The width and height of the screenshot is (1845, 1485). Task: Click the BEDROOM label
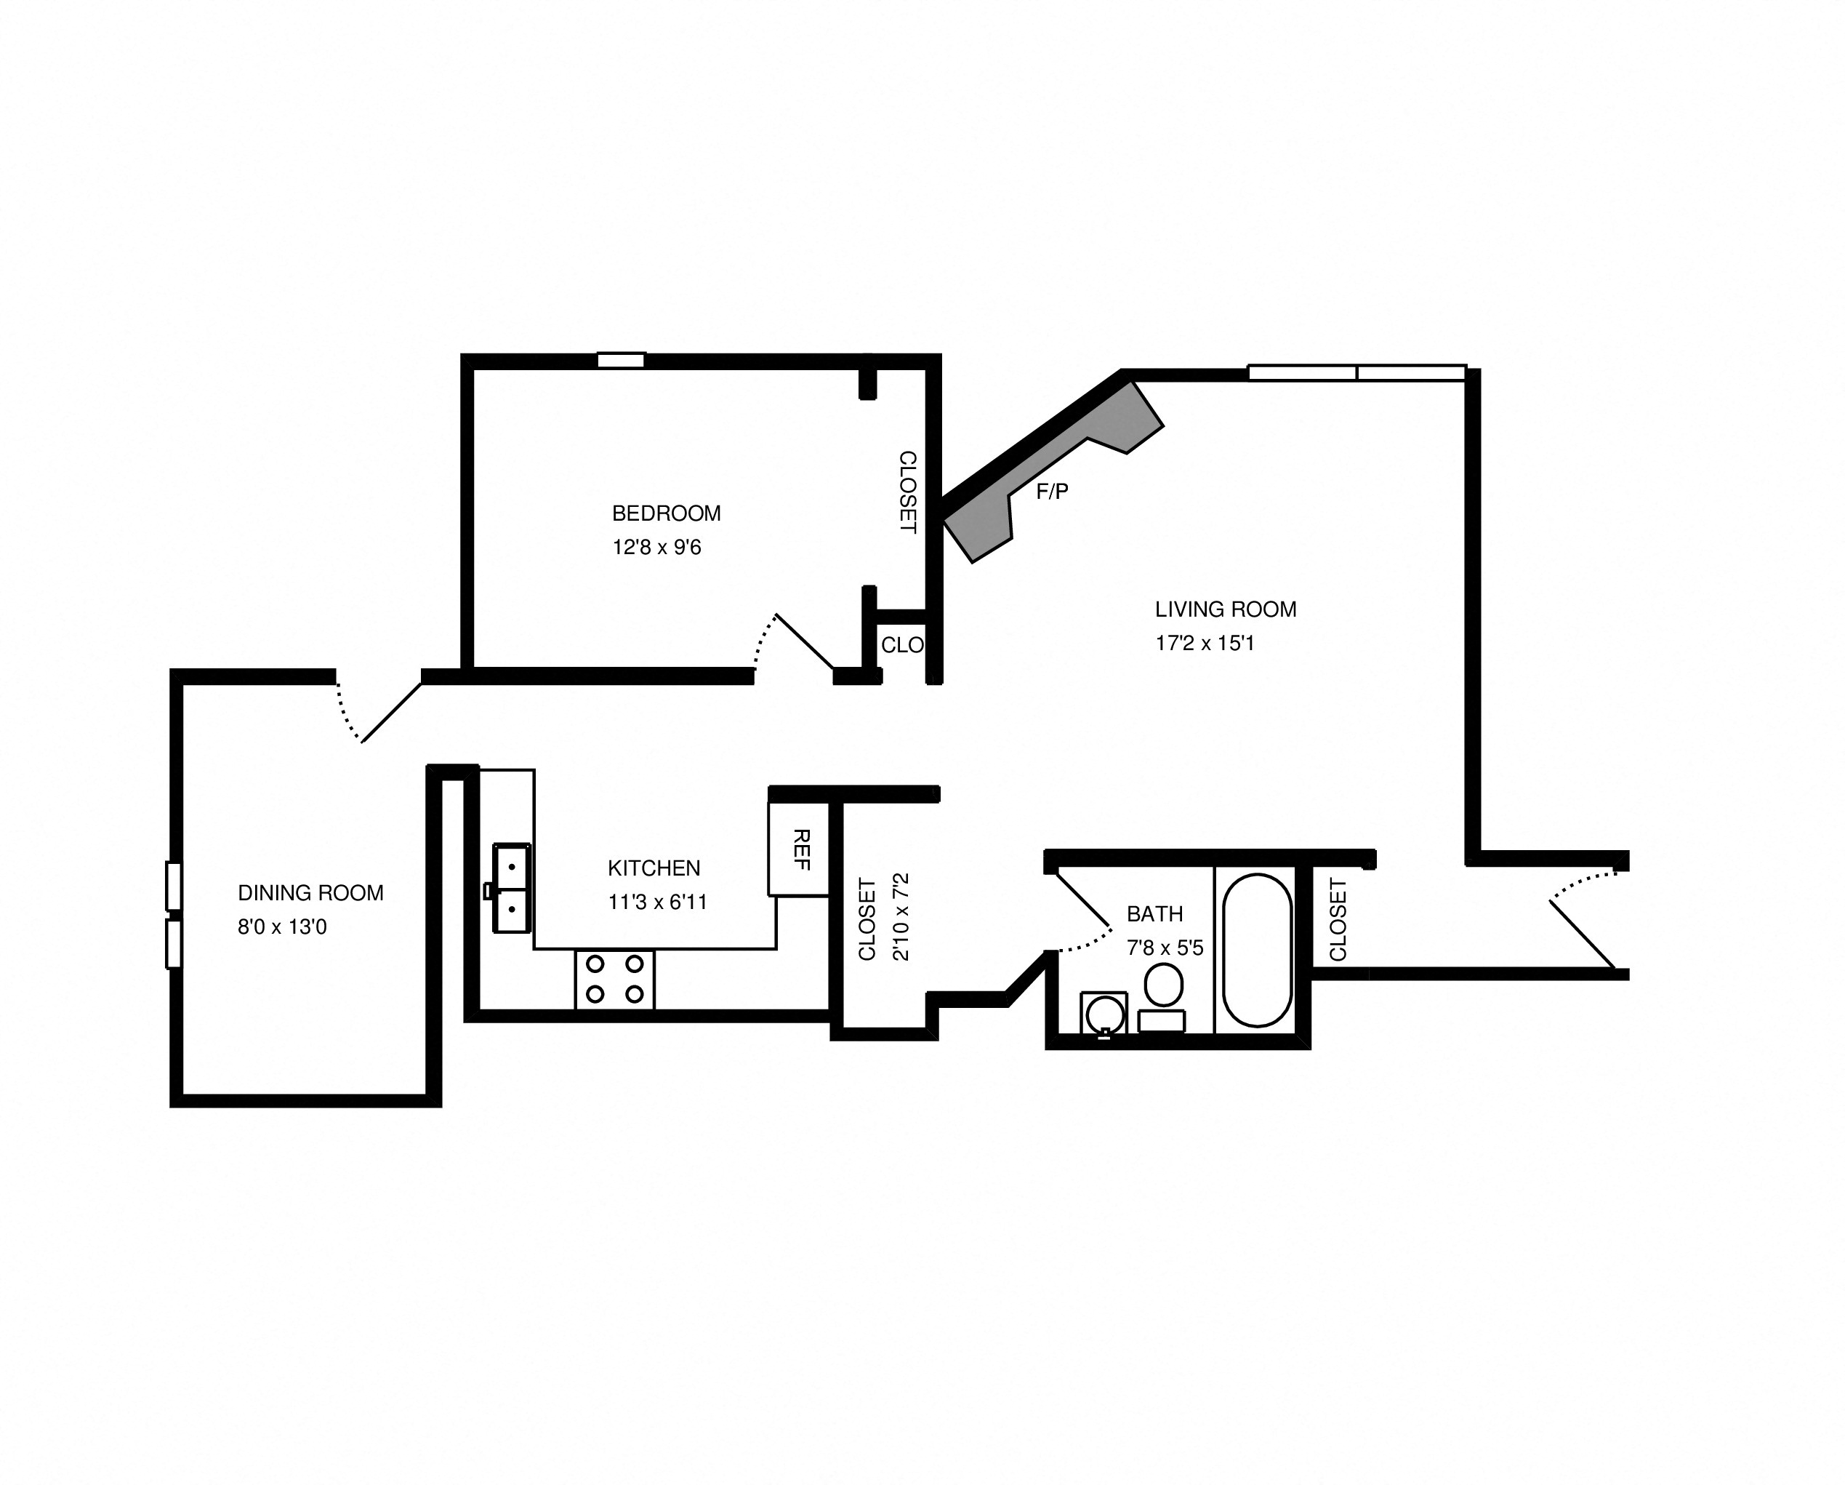[666, 513]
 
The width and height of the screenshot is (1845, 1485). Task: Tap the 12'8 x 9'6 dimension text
[656, 548]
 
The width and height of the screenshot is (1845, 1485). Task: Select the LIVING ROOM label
[1225, 609]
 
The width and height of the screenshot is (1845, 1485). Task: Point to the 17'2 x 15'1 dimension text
[1204, 644]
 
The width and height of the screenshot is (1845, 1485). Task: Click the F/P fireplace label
[1052, 492]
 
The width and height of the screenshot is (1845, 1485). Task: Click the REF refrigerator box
[799, 849]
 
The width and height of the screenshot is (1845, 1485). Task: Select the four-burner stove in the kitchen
[614, 979]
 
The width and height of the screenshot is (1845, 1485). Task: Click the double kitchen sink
[512, 887]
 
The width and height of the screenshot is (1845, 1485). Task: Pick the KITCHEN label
[654, 868]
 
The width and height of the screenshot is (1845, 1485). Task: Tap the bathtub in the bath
[1256, 950]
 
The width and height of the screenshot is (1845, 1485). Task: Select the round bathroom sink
[1104, 1015]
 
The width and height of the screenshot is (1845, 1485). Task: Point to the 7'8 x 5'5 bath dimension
[1165, 948]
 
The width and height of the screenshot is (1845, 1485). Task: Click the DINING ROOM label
[310, 893]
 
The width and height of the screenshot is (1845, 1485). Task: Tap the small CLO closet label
[901, 645]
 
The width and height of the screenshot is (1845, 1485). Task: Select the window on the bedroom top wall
[620, 360]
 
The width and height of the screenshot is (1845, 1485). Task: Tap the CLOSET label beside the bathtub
[1338, 919]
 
